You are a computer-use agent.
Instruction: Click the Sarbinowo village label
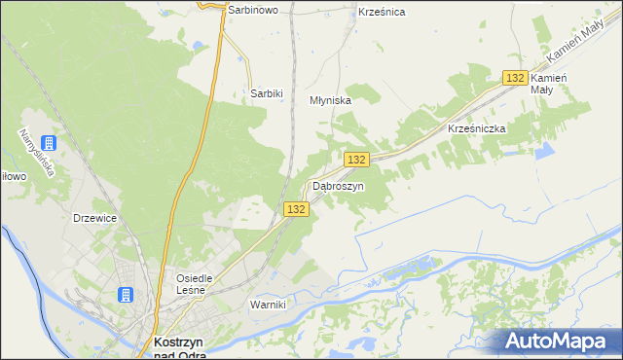[x=253, y=10]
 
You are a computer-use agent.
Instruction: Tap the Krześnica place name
[x=382, y=12]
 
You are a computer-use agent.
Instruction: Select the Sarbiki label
[x=267, y=93]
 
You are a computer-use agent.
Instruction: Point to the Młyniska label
[x=330, y=99]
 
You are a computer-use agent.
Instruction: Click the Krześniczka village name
[x=474, y=128]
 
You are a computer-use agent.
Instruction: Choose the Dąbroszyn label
[x=338, y=185]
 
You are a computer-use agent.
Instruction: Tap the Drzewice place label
[x=95, y=218]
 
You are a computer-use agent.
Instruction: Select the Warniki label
[x=268, y=305]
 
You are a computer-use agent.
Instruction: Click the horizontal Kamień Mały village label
[x=549, y=83]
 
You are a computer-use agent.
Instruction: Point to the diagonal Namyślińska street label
[x=34, y=154]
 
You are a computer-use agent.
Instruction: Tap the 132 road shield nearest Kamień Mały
[x=516, y=78]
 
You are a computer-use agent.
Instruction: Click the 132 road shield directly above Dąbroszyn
[x=357, y=160]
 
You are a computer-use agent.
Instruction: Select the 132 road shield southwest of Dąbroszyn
[x=298, y=209]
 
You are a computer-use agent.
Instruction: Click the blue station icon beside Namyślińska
[x=50, y=143]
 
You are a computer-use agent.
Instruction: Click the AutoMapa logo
[x=560, y=341]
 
